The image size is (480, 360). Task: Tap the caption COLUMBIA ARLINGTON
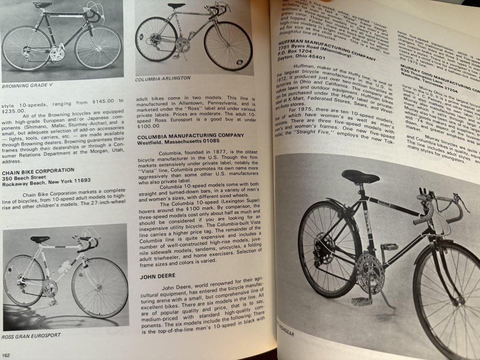tap(163, 78)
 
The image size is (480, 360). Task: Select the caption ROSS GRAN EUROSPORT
tap(31, 335)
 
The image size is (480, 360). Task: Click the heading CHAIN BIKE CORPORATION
tap(38, 170)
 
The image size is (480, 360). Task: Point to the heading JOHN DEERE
tap(158, 276)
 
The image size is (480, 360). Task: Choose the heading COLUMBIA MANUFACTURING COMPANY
tap(191, 136)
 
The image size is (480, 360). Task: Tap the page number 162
tap(6, 355)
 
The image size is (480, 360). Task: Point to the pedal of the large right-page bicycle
tap(361, 301)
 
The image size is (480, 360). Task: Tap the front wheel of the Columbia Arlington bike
tap(228, 46)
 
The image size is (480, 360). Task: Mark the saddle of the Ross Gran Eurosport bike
tap(40, 239)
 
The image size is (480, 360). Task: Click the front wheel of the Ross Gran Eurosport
tap(99, 288)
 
